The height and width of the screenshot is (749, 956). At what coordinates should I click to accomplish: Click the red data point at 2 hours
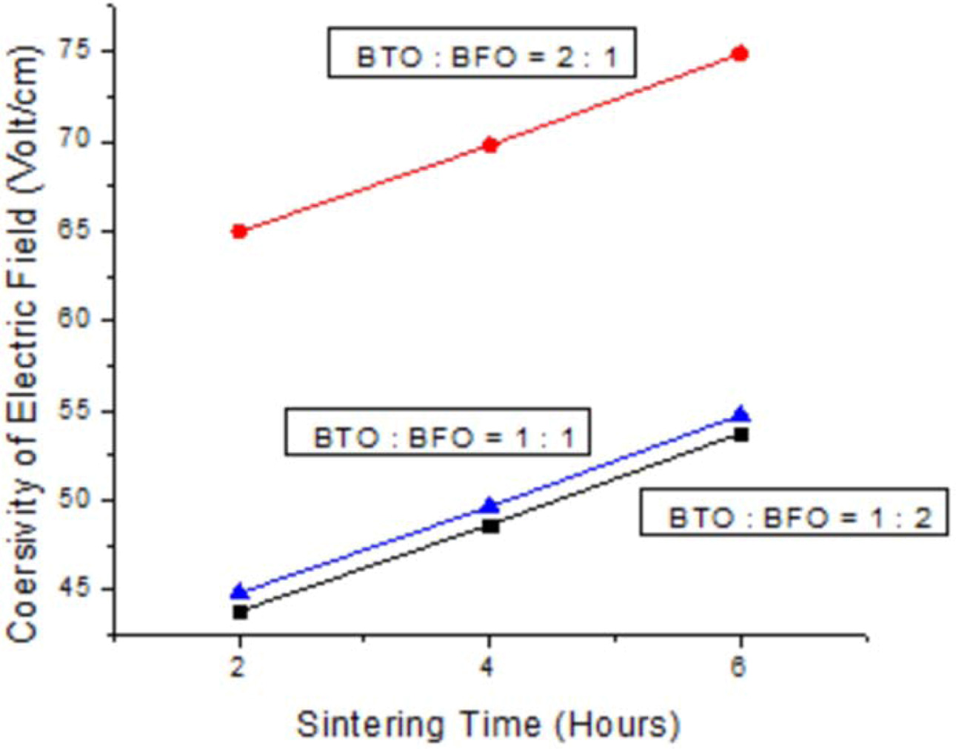238,232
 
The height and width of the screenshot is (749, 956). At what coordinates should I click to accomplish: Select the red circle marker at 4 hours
489,145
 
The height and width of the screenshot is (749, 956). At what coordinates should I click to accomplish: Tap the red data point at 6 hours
740,54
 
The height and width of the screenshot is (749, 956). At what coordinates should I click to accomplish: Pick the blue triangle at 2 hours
238,591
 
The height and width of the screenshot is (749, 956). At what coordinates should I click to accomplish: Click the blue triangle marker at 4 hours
489,506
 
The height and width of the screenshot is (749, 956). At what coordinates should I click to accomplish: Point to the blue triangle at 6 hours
741,414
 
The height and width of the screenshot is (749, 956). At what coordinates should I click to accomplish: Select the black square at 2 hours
240,612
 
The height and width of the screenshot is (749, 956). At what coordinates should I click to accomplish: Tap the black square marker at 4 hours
490,526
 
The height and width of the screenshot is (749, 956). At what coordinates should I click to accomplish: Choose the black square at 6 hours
741,434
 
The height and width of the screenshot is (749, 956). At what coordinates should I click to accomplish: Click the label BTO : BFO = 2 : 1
482,54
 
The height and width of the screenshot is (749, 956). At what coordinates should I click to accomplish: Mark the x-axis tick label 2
238,667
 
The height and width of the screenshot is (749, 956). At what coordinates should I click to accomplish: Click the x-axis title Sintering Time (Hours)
488,724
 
